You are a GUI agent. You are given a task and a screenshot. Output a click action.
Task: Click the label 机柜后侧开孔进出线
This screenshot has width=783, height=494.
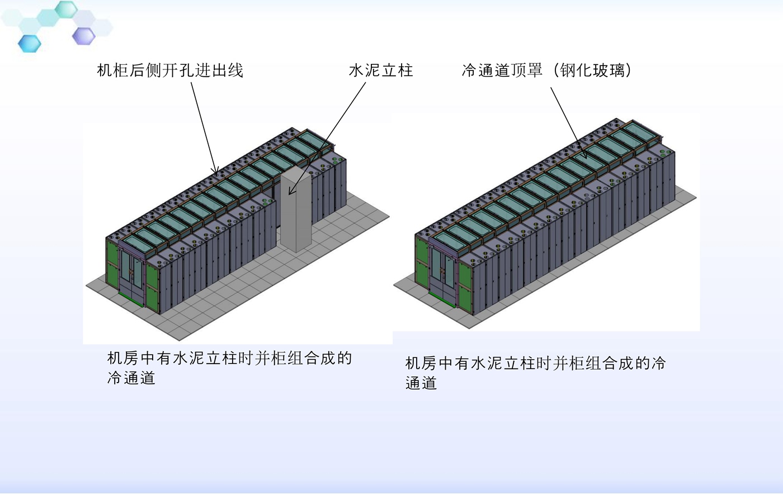coord(170,71)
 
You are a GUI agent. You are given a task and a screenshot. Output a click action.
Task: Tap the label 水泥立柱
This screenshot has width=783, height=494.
coord(381,71)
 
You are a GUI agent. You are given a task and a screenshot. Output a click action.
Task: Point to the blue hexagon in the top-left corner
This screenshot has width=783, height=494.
coord(29,44)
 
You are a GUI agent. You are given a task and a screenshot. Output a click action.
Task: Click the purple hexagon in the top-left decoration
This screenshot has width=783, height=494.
coord(84,36)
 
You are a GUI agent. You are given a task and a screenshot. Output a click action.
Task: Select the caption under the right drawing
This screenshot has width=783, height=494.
coord(535,373)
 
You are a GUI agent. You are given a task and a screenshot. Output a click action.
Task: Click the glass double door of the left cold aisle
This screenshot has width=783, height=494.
coord(131,272)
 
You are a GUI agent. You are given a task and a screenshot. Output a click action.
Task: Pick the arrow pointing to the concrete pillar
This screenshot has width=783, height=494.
coord(327,138)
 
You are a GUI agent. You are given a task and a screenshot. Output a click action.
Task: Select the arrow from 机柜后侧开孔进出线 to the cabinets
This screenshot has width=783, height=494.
coord(205,128)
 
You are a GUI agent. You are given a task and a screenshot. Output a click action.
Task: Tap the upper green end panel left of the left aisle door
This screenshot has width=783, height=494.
coord(112,251)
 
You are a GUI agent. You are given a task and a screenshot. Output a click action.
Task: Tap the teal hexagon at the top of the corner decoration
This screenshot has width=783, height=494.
coord(66,9)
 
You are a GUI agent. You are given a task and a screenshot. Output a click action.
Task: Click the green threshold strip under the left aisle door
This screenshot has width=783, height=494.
coord(131,299)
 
